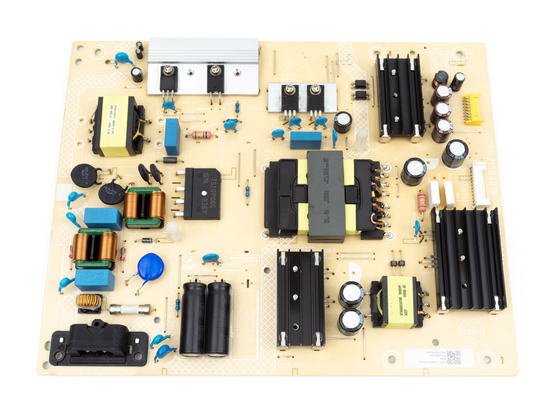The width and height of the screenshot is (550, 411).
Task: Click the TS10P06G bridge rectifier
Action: click(x=202, y=193)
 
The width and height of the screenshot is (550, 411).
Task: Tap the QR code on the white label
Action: click(x=453, y=357)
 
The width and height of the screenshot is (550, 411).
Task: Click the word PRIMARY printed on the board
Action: click(x=248, y=258)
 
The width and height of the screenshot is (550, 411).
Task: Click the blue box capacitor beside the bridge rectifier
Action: click(x=172, y=136)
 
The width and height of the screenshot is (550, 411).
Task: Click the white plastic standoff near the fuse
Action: click(x=174, y=231)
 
